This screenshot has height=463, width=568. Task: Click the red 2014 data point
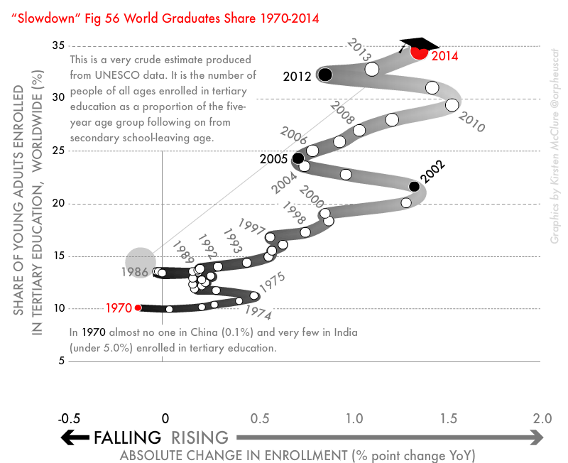pyautogui.click(x=420, y=50)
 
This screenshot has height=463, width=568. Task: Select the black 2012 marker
pyautogui.click(x=325, y=75)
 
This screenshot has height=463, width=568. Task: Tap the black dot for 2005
pyautogui.click(x=298, y=158)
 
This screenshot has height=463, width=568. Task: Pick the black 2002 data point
pyautogui.click(x=415, y=187)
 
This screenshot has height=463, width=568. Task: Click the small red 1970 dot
pyautogui.click(x=138, y=307)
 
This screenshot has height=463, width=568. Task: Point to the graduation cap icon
pyautogui.click(x=418, y=43)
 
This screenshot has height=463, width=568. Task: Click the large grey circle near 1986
pyautogui.click(x=141, y=261)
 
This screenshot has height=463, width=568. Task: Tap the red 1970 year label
pyautogui.click(x=119, y=308)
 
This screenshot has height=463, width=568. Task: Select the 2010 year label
pyautogui.click(x=471, y=122)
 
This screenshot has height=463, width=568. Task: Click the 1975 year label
pyautogui.click(x=272, y=282)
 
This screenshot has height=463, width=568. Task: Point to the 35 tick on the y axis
pyautogui.click(x=58, y=46)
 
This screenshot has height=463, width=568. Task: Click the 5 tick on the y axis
pyautogui.click(x=62, y=361)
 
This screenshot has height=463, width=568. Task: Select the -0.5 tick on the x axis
pyautogui.click(x=70, y=418)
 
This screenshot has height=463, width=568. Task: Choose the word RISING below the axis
pyautogui.click(x=200, y=437)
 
